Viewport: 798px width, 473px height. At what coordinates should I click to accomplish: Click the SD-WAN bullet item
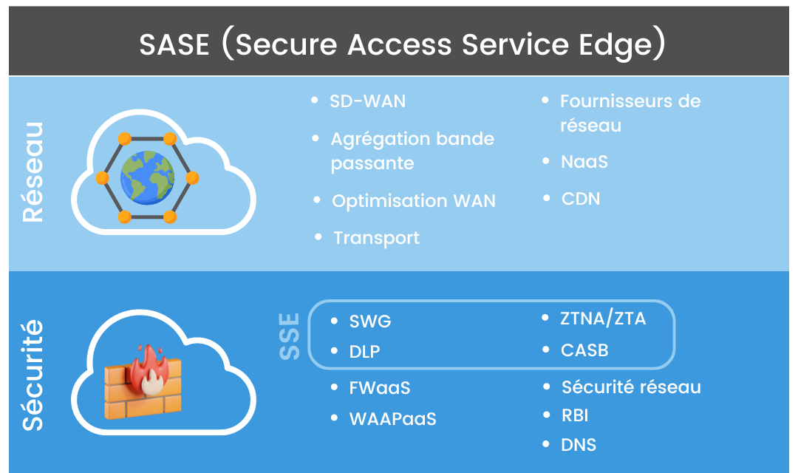click(x=367, y=101)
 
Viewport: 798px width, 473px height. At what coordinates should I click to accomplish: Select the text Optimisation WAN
click(x=413, y=201)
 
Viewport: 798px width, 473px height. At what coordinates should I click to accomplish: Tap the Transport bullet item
click(x=376, y=238)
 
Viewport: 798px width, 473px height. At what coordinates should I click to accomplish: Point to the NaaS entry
click(x=584, y=161)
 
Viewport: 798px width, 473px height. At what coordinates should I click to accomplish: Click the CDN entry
click(x=581, y=199)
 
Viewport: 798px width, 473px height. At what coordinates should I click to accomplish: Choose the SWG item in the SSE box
click(x=370, y=321)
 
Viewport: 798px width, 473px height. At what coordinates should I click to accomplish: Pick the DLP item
click(x=364, y=352)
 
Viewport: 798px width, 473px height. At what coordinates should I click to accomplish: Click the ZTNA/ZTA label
click(x=603, y=319)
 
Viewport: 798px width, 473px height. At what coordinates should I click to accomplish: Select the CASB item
click(x=584, y=350)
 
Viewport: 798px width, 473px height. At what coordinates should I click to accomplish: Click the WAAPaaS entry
click(x=392, y=419)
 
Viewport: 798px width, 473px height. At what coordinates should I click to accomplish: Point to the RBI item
click(x=575, y=415)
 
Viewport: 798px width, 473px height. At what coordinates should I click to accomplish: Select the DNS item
click(x=579, y=445)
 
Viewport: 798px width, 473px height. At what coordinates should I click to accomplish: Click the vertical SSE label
click(x=290, y=336)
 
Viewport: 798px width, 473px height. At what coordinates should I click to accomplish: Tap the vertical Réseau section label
click(x=33, y=172)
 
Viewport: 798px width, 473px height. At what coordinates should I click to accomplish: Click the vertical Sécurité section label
click(x=33, y=375)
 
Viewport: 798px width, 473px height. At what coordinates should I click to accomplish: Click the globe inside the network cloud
click(x=148, y=177)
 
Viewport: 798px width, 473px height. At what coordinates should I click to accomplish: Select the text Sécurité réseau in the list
click(x=631, y=387)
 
